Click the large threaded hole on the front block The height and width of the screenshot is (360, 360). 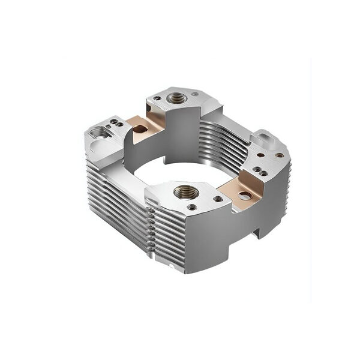pos(187,192)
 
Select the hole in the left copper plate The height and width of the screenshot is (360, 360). pos(140,128)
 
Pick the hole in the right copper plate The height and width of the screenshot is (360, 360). pos(244,195)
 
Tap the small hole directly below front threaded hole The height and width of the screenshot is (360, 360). pos(191,207)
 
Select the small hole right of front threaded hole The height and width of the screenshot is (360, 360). pos(218,199)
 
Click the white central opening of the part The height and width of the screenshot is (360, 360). pos(180,171)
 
